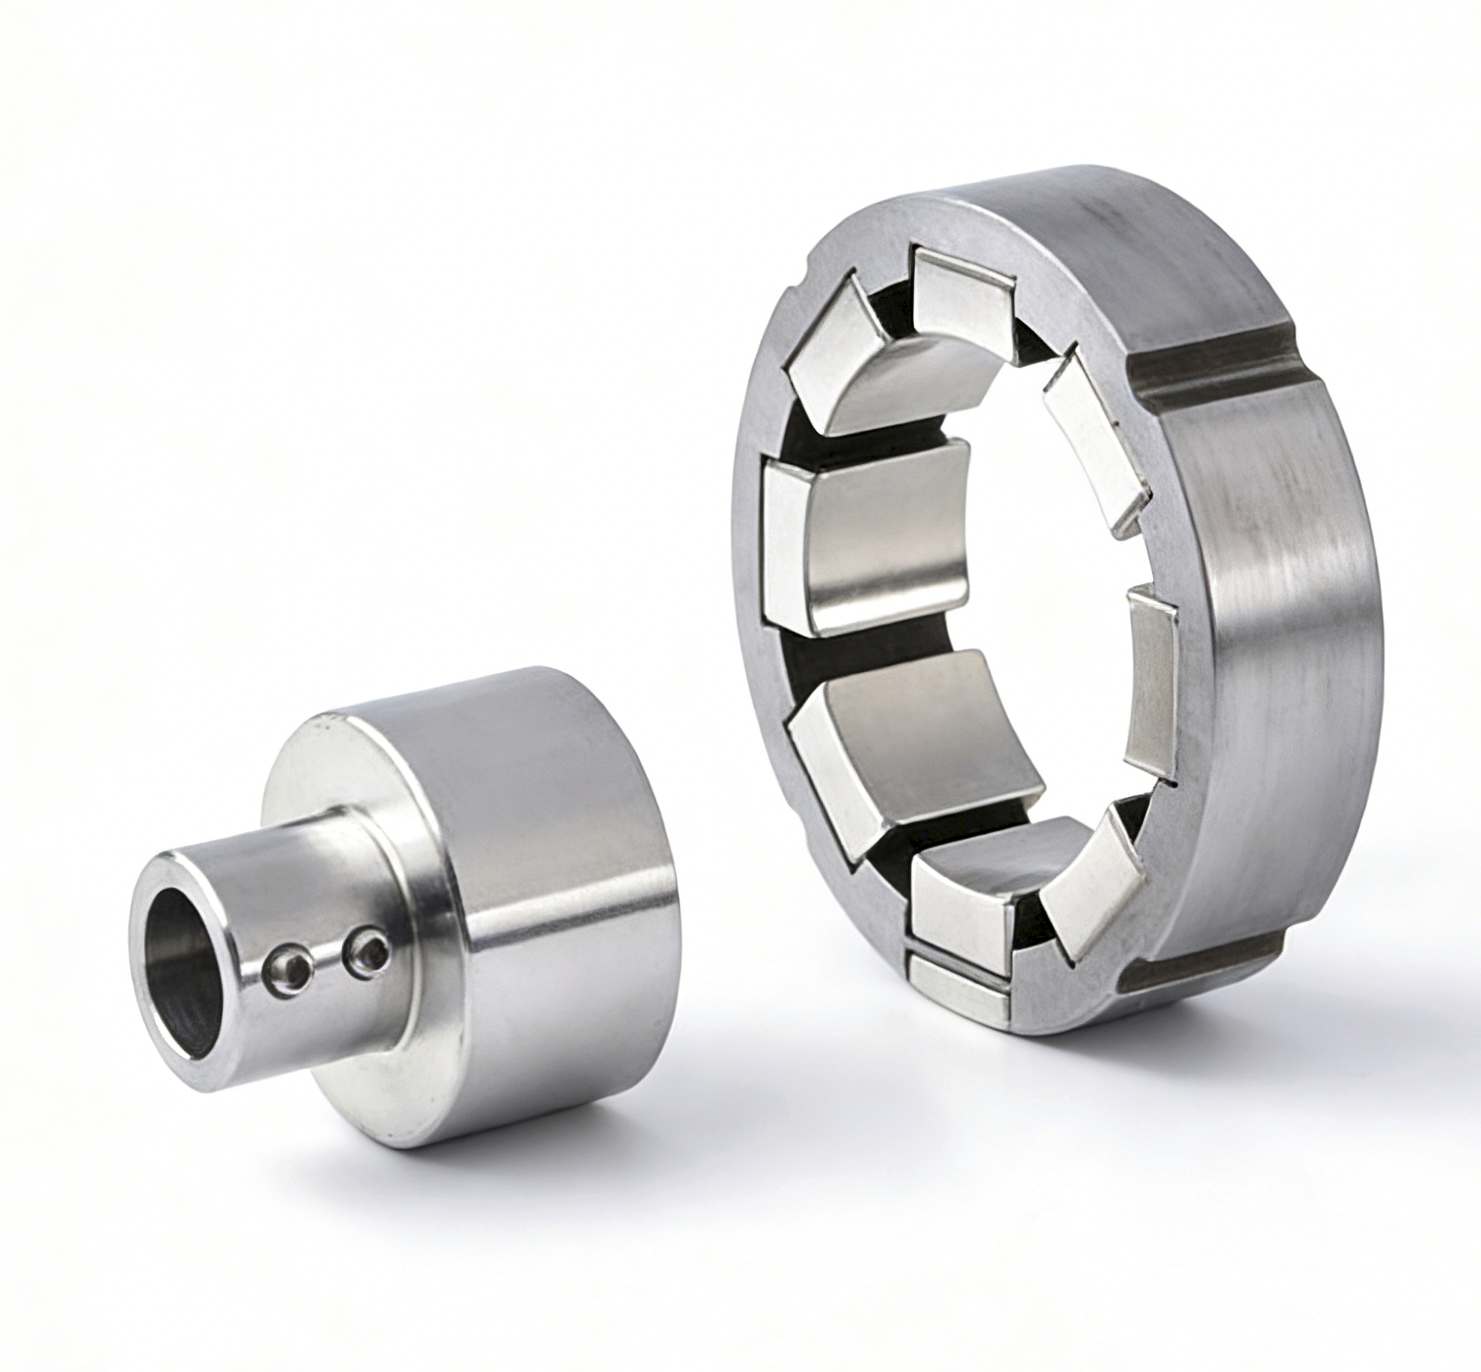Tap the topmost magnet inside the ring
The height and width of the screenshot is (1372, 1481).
click(961, 292)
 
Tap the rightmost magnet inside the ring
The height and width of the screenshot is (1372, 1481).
click(1152, 689)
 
